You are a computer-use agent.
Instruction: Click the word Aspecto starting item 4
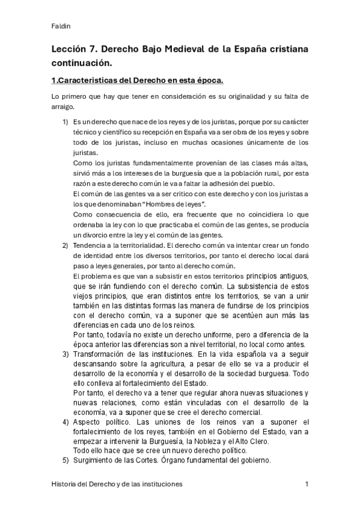(x=88, y=422)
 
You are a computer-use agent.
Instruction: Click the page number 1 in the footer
(x=307, y=484)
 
